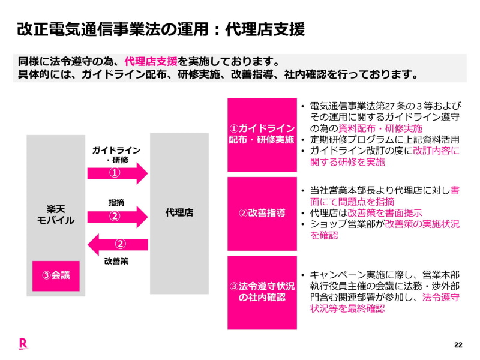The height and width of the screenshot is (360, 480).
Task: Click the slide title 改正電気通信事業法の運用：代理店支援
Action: coord(161,29)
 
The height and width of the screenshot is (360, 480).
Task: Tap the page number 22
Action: coord(458,345)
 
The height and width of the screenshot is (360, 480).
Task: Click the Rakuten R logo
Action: coord(23,344)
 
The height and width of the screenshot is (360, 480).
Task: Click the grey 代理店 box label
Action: coord(179,212)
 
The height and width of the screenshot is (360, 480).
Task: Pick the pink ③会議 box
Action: coord(56,275)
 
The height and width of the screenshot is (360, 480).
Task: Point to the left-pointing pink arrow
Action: coord(118,244)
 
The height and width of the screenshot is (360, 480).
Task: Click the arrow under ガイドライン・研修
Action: coord(118,173)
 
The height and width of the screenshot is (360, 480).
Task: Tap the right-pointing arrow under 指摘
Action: coord(118,216)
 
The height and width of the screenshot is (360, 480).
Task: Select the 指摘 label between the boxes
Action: coord(116,203)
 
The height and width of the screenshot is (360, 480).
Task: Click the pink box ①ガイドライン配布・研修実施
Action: coord(262,134)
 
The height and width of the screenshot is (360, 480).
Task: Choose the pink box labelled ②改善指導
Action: coord(262,213)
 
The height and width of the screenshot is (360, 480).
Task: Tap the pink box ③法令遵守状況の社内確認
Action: coord(262,292)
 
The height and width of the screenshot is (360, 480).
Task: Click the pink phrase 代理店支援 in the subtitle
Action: coord(151,62)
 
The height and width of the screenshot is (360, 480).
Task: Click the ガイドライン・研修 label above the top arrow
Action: coord(116,155)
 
